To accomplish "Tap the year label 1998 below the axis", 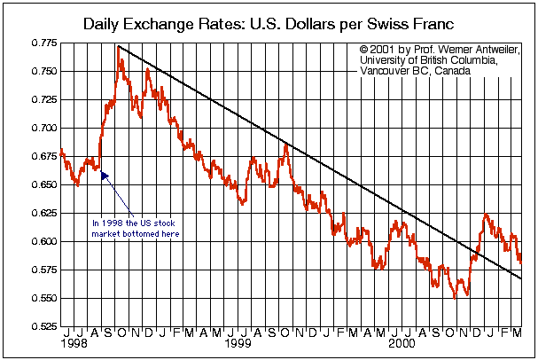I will tap(74, 343).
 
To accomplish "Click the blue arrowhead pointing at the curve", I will tap(105, 176).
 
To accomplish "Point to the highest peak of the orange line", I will tap(119, 46).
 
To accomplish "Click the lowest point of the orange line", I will tap(456, 298).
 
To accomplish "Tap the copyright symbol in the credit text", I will tap(365, 49).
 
